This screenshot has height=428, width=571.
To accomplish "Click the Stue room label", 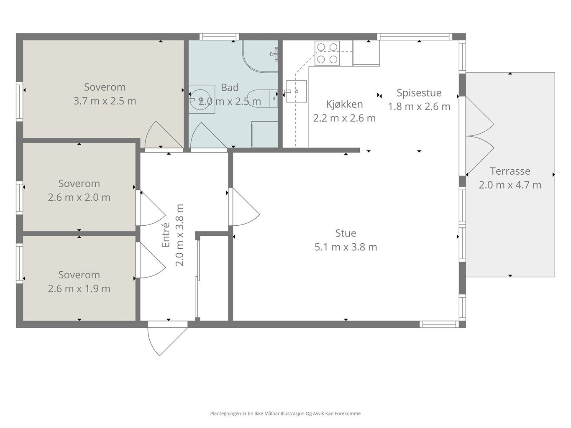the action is pyautogui.click(x=346, y=233).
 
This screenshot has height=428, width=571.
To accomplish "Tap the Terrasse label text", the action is pyautogui.click(x=510, y=171).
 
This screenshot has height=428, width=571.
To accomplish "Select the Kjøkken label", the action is pyautogui.click(x=344, y=104).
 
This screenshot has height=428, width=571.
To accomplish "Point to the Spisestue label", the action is pyautogui.click(x=419, y=93).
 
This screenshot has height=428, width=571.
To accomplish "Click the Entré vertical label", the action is pyautogui.click(x=166, y=235).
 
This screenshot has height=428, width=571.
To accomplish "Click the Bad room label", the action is pyautogui.click(x=230, y=88).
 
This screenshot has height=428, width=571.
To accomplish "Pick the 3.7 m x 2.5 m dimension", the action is pyautogui.click(x=105, y=101).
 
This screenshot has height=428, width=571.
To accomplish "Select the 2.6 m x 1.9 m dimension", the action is pyautogui.click(x=79, y=289).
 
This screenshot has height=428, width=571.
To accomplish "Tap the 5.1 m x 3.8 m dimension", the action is pyautogui.click(x=346, y=247).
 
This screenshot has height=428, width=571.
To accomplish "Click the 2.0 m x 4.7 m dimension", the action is pyautogui.click(x=510, y=185).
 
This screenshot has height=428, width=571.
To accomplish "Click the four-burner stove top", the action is pyautogui.click(x=327, y=53).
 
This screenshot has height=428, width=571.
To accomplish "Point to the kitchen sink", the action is pyautogui.click(x=296, y=91).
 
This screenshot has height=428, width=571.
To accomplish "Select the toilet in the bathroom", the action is pyautogui.click(x=262, y=99).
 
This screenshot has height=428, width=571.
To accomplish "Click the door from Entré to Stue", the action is pyautogui.click(x=244, y=206).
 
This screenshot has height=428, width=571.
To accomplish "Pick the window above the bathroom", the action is pyautogui.click(x=219, y=37).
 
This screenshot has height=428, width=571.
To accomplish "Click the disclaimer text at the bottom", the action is pyautogui.click(x=285, y=413).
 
